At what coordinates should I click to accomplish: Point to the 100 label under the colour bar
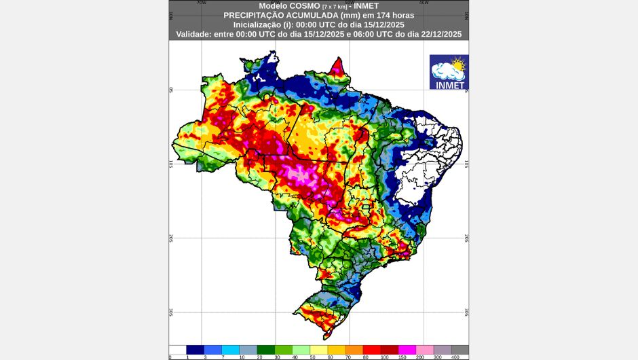click(x=386, y=357)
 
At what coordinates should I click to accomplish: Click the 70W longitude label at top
click(x=201, y=3)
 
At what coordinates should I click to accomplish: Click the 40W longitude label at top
click(x=424, y=3)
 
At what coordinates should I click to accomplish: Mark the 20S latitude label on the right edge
click(x=467, y=238)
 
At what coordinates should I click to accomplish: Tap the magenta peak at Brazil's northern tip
click(x=337, y=67)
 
